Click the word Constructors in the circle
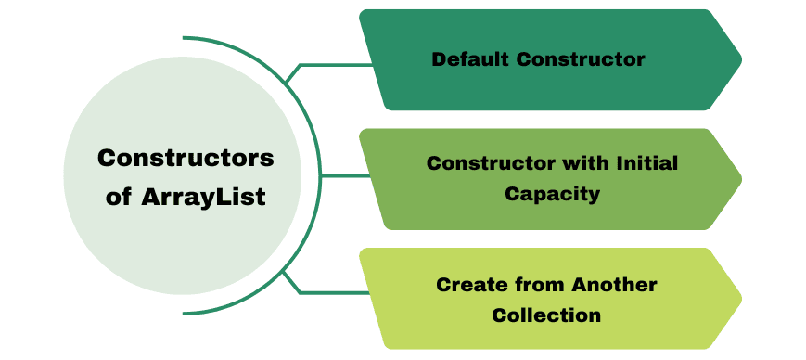pos(186,158)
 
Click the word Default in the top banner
pos(471,59)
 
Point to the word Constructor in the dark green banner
pos(581,59)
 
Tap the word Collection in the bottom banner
pos(546,315)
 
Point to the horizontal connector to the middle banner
pos(339,175)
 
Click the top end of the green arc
pos(186,39)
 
